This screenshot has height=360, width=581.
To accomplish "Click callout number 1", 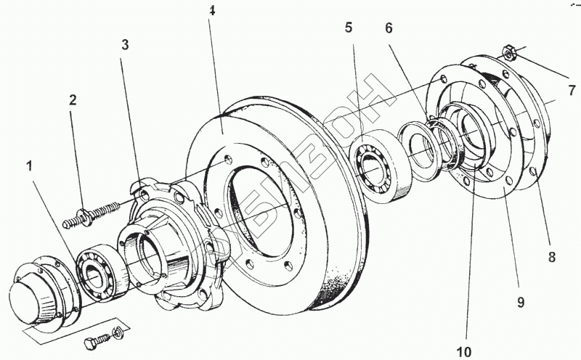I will coord(30,166).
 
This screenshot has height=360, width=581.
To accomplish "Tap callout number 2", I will coord(73,101).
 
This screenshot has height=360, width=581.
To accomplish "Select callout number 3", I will coord(125,45).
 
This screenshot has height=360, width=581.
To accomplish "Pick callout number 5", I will coord(349,28).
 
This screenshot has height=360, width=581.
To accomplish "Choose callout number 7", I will coord(572,91).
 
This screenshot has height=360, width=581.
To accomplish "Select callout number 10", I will coord(463,352).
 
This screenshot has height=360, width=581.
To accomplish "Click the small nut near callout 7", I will coord(508,52).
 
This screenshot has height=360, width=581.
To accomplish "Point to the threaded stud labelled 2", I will coord(94,213).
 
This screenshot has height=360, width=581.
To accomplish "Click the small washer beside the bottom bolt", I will coord(118,336).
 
